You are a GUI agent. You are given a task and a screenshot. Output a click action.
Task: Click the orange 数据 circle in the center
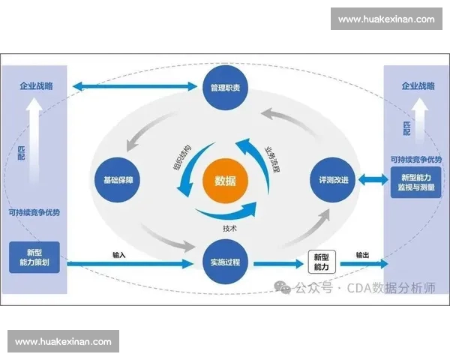tap(225, 180)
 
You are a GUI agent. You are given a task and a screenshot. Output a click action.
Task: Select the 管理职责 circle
tap(225, 88)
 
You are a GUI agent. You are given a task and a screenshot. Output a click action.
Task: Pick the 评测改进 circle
tap(331, 180)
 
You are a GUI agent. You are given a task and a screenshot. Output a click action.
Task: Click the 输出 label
tap(363, 255)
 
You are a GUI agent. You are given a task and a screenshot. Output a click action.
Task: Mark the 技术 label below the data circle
tap(230, 228)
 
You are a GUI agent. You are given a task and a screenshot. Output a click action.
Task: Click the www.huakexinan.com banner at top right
tap(386, 19)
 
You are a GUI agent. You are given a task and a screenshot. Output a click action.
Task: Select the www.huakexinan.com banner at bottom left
tap(63, 341)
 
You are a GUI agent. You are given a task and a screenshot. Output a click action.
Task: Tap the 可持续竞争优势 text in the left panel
tap(34, 212)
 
